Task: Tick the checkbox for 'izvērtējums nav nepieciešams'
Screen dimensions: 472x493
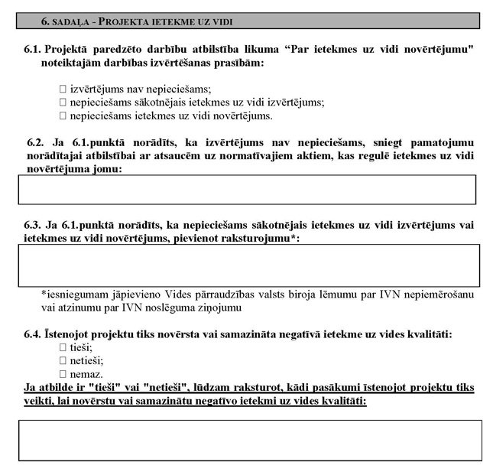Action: pyautogui.click(x=63, y=89)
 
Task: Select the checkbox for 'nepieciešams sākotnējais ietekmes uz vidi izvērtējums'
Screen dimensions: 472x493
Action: pyautogui.click(x=63, y=102)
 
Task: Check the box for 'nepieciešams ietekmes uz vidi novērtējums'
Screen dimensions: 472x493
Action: pyautogui.click(x=63, y=116)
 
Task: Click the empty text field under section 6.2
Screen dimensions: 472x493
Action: pyautogui.click(x=246, y=190)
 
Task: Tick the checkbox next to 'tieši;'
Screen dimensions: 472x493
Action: pyautogui.click(x=63, y=347)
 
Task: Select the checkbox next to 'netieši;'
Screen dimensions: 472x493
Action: pyautogui.click(x=63, y=360)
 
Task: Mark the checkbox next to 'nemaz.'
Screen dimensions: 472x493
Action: pyautogui.click(x=63, y=373)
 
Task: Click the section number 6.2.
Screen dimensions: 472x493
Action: pyautogui.click(x=35, y=142)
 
